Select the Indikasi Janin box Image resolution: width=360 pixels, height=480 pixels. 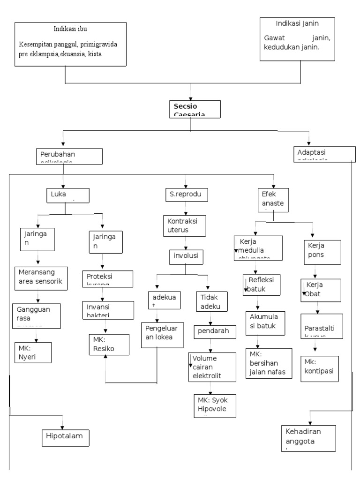coord(297,39)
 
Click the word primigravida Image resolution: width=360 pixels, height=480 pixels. coord(99,45)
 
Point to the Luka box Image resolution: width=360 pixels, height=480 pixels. coord(67,195)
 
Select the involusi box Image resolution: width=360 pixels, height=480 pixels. coord(185,256)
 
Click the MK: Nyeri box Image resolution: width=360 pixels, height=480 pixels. coord(32,353)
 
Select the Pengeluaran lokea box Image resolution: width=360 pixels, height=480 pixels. coord(163,334)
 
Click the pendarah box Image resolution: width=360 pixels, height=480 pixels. coord(214,331)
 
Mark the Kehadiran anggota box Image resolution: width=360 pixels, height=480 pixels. coord(309,438)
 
